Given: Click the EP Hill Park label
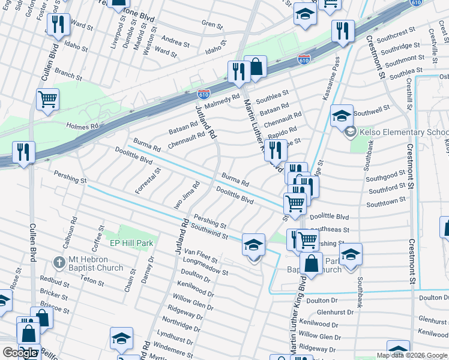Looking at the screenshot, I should pyautogui.click(x=131, y=243).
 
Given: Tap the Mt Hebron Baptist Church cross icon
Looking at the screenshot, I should pyautogui.click(x=58, y=262).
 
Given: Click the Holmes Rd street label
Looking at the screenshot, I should pyautogui.click(x=82, y=127).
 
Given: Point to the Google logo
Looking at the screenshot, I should pyautogui.click(x=20, y=353).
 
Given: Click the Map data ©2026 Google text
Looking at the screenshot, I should pyautogui.click(x=412, y=355).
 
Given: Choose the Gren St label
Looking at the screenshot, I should pyautogui.click(x=212, y=25).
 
